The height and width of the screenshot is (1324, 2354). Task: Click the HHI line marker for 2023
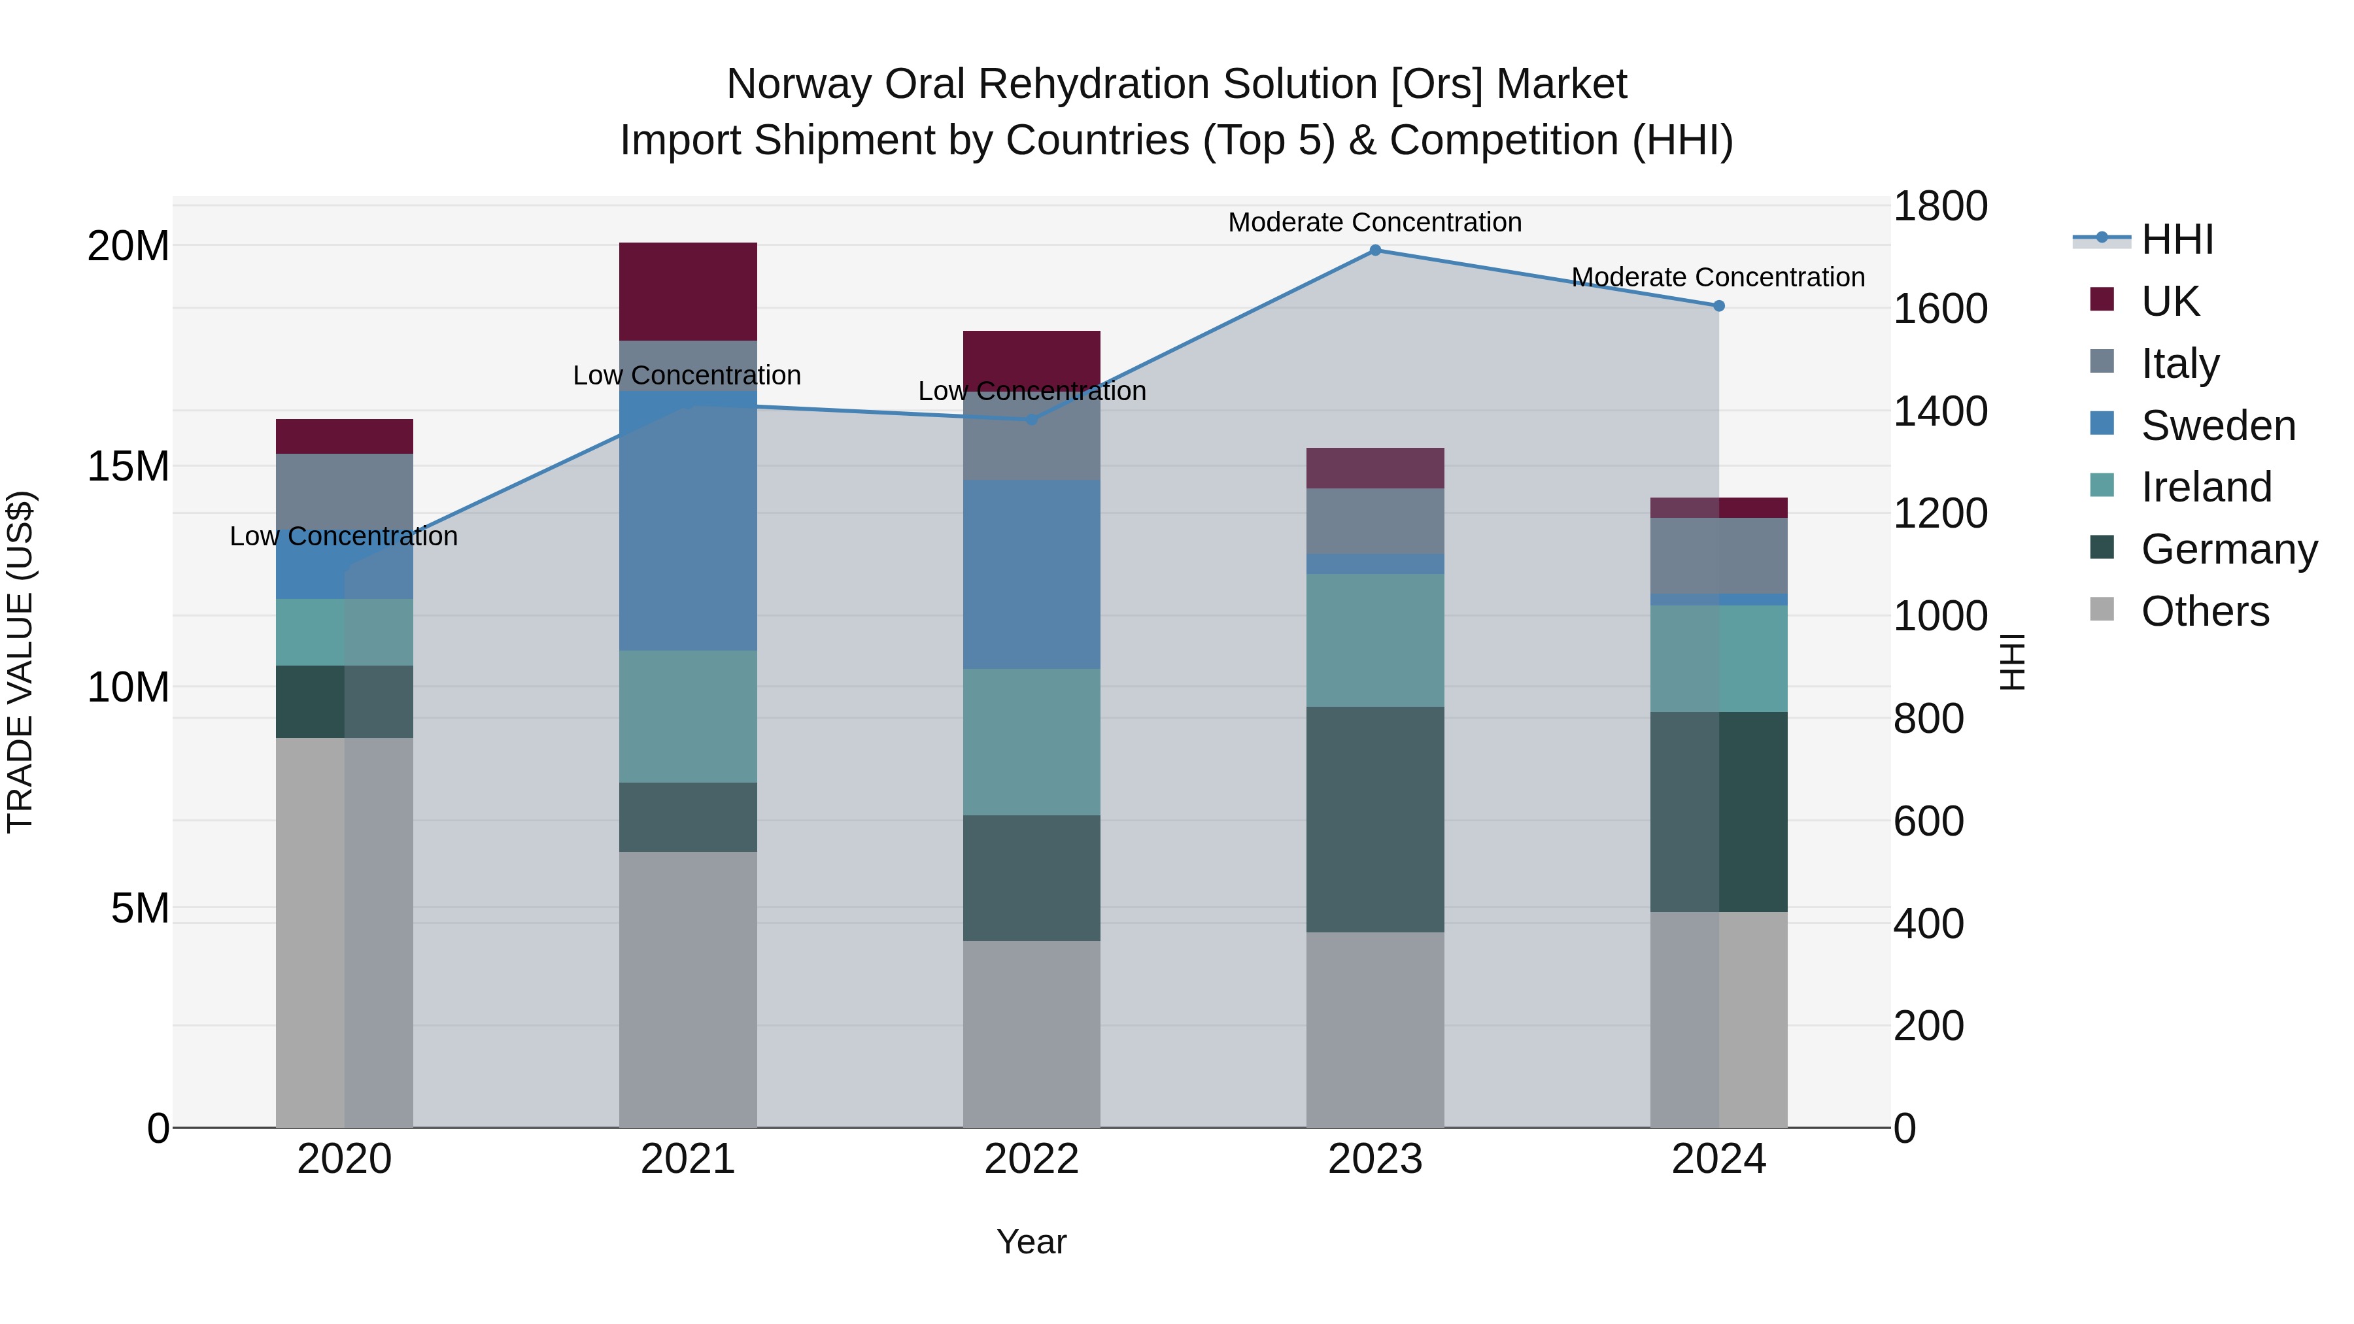1374,250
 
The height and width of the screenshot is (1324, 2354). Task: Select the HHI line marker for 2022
1032,420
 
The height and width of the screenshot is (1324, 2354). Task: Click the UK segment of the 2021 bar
688,292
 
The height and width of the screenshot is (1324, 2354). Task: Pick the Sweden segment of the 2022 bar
1032,574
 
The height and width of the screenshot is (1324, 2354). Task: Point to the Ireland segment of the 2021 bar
688,717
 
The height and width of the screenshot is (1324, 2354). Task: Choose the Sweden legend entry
2218,426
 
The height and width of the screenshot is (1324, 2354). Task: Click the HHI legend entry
2177,239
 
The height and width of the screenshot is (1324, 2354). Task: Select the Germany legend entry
2228,549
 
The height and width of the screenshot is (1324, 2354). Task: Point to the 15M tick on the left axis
128,467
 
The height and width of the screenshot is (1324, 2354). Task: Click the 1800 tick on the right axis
1939,207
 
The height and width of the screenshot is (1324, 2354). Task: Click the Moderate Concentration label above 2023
1374,222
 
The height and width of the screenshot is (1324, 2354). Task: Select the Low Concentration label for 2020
343,536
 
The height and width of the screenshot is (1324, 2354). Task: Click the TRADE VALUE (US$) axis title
20,662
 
